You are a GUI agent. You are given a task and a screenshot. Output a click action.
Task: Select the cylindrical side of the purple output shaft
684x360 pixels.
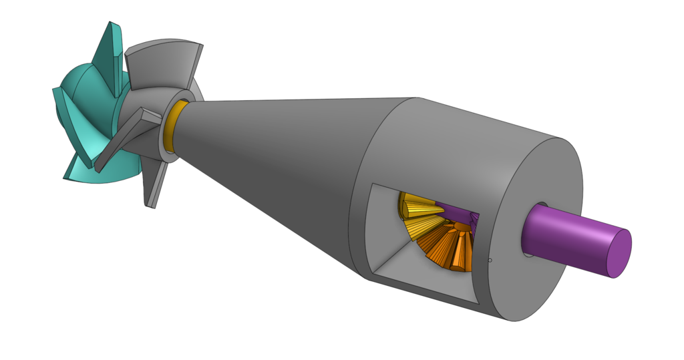[568, 230]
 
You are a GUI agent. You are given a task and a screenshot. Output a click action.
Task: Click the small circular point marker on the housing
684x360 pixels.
[490, 260]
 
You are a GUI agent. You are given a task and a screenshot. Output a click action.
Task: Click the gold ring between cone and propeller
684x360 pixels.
[172, 127]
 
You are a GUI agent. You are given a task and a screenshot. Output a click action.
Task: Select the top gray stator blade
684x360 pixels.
[164, 67]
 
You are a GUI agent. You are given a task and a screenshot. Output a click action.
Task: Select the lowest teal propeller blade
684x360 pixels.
[107, 170]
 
